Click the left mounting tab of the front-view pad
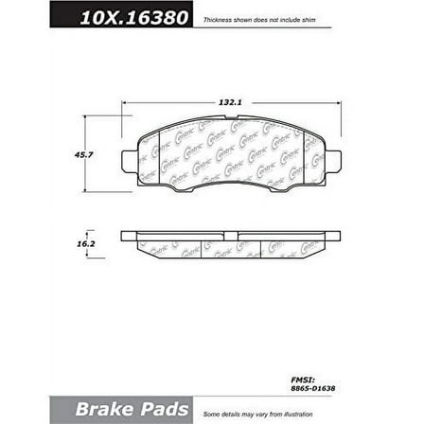point(130,156)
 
